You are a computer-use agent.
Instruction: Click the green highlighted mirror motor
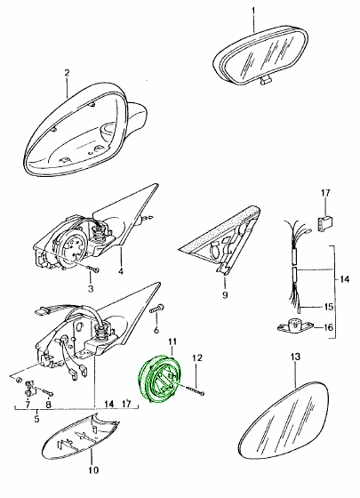[156, 380]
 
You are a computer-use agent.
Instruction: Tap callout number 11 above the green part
[172, 341]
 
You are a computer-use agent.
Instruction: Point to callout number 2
[67, 73]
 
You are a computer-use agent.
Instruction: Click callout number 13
[295, 357]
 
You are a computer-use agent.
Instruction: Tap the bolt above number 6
[157, 308]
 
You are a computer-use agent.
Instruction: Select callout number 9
[225, 295]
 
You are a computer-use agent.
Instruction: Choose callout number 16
[329, 327]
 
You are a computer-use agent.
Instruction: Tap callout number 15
[329, 307]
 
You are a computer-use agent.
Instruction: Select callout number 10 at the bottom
[94, 470]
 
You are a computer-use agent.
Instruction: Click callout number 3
[91, 289]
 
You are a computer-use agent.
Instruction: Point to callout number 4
[121, 271]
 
